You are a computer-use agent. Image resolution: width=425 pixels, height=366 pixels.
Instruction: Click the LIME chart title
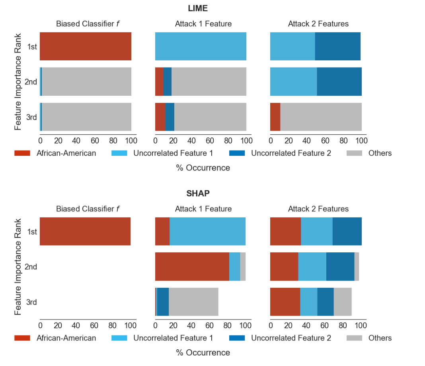coord(198,8)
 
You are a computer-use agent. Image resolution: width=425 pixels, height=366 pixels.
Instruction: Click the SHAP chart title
coord(198,194)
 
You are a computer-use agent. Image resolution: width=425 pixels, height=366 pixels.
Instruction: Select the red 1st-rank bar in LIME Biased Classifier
coord(86,46)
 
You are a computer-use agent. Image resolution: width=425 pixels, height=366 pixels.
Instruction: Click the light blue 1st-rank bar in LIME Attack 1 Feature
coord(201,46)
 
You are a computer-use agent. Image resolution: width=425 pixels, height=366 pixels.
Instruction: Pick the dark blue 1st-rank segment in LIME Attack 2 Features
coord(338,46)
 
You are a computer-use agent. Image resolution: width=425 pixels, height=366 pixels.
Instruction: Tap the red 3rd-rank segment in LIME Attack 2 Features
coord(275,117)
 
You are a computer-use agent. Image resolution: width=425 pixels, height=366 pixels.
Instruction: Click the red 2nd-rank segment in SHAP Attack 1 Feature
coord(192,267)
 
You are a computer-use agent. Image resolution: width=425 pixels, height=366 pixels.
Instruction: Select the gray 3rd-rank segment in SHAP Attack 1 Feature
coord(193,302)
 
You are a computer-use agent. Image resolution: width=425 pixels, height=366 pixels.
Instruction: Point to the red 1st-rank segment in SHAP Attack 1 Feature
coord(162,231)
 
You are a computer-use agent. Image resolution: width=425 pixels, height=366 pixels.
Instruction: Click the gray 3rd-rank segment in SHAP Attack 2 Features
coord(343,302)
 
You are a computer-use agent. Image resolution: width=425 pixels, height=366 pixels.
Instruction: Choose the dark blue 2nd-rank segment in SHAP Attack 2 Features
coord(340,267)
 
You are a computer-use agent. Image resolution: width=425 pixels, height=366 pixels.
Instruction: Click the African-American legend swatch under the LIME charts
coord(22,153)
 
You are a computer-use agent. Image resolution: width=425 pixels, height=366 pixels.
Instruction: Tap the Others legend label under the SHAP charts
coord(380,338)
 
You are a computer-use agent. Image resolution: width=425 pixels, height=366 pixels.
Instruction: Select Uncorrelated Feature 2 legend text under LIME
coord(291,153)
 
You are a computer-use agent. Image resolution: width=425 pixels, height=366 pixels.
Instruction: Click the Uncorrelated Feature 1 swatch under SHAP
coord(119,338)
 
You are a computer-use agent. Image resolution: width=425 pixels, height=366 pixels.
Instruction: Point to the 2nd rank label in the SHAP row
coord(31,267)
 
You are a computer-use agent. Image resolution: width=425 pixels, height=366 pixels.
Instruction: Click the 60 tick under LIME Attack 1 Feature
coord(210,140)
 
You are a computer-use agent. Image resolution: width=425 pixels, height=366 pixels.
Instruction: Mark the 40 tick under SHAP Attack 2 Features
coord(306,325)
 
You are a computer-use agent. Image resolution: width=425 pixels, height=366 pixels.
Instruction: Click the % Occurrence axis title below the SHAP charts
coord(203,352)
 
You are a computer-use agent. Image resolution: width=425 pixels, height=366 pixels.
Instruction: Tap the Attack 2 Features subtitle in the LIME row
coord(318,24)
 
